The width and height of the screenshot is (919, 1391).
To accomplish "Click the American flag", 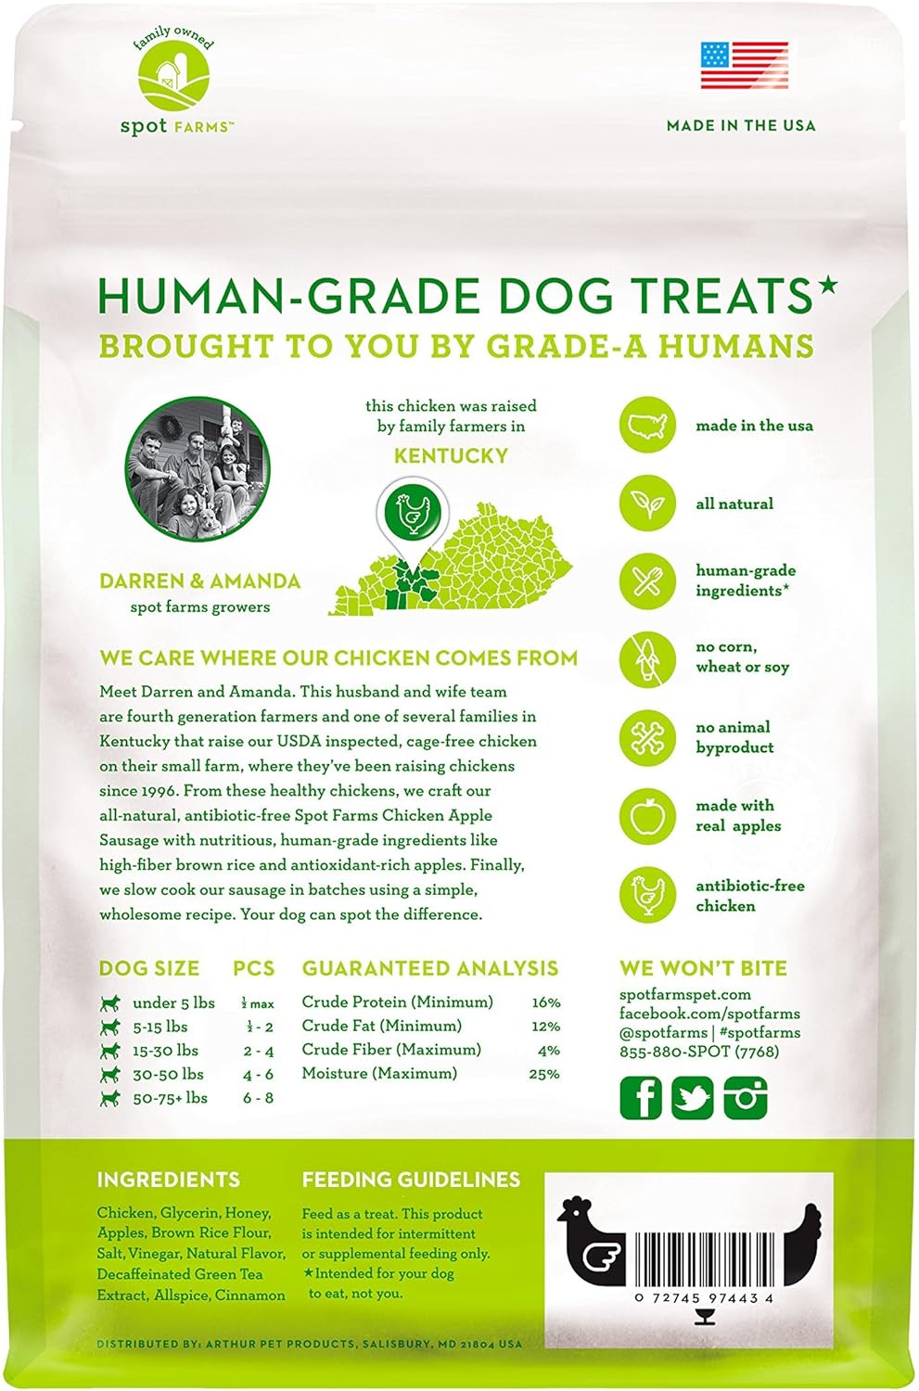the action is pos(745,65).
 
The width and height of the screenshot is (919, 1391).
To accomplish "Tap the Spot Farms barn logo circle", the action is pos(173,82).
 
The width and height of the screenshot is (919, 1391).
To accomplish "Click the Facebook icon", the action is pos(641,1098).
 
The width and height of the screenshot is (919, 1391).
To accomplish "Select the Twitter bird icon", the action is pos(693,1098).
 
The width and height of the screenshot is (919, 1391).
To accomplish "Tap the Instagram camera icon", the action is pos(746,1098).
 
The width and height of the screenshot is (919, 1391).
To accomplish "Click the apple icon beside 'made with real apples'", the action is pos(647,815).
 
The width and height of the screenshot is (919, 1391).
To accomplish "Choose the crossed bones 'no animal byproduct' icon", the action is pos(647,736).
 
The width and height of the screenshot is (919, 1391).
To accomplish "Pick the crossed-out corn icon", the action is pos(647,657).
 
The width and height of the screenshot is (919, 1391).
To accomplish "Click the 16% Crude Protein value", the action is pos(546,1002).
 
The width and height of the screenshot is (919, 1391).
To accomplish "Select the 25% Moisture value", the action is pos(544,1074).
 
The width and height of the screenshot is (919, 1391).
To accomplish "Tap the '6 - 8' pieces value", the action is pos(259,1098).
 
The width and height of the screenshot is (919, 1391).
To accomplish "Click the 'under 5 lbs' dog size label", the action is pos(173,1002).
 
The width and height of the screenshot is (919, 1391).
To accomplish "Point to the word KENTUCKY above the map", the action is pos(452,456).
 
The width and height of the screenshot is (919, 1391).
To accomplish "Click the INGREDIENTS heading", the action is pos(168,1180).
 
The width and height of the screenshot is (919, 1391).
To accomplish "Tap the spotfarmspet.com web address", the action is pos(685,995).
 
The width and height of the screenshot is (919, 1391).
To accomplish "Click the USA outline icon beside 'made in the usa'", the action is pos(647,425).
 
